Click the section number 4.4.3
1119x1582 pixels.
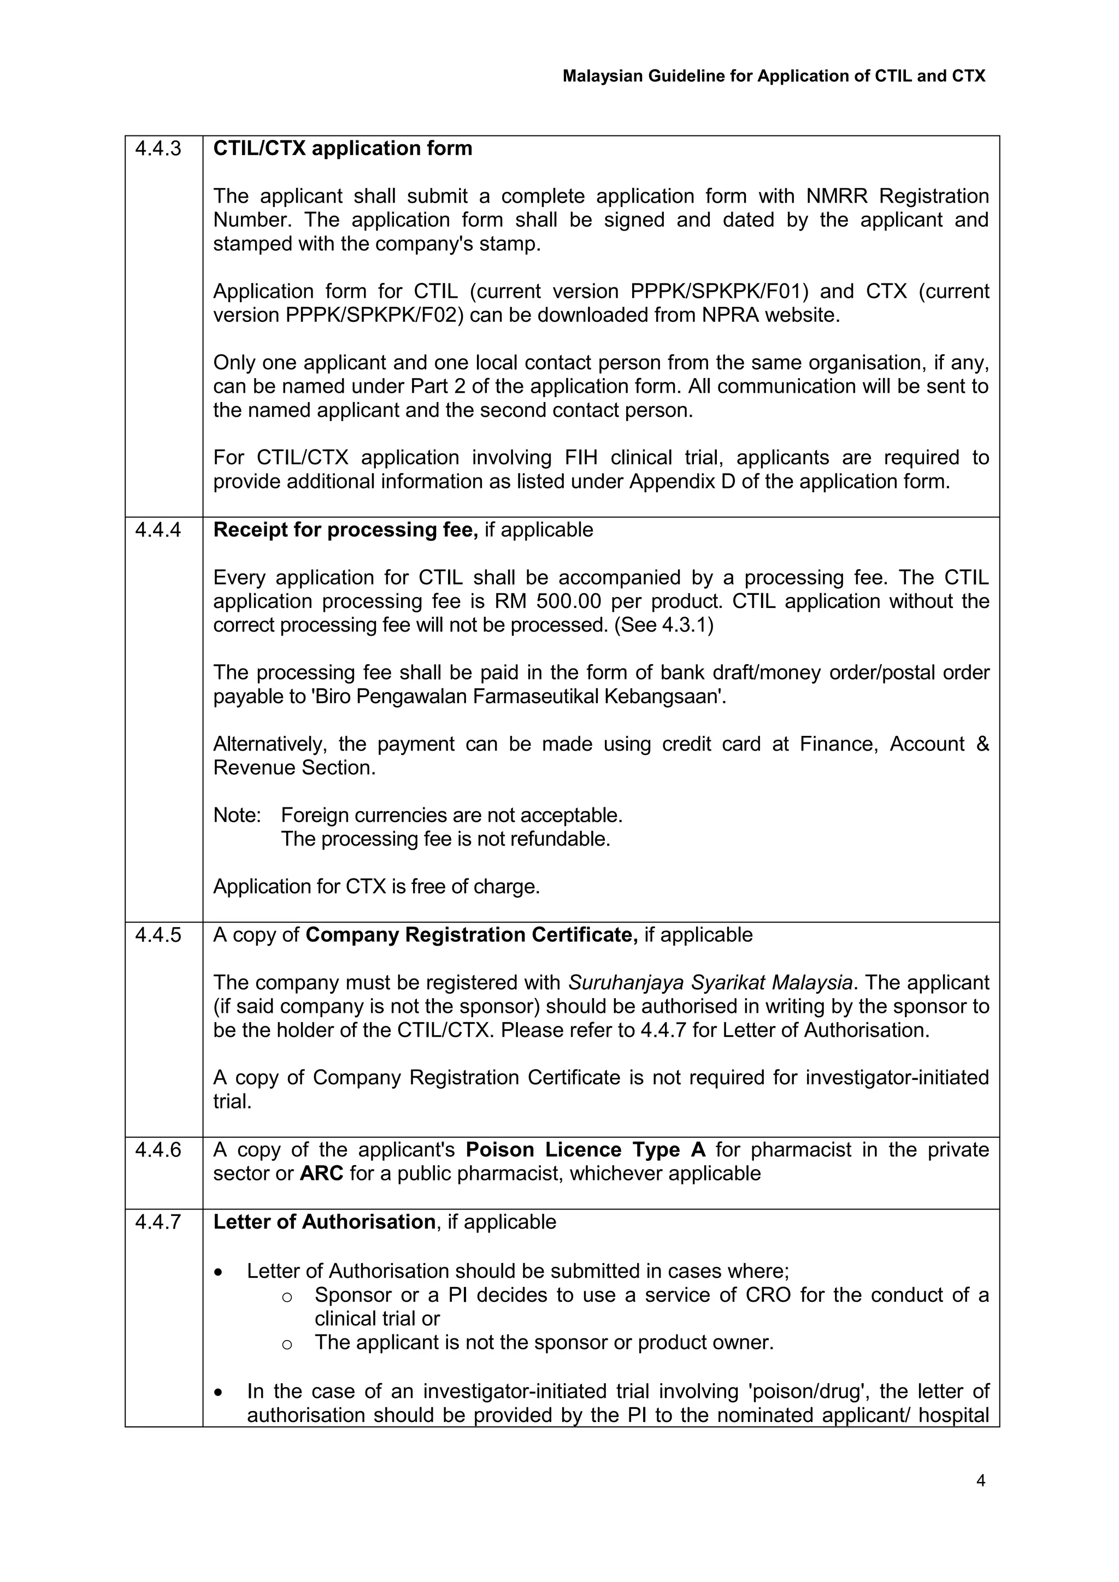pos(158,149)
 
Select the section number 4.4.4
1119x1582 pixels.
pos(158,530)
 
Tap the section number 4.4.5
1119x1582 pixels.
pos(158,935)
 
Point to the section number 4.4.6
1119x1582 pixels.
pos(158,1150)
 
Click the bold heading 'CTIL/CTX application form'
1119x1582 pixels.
pos(343,149)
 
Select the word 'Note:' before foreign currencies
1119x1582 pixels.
pos(237,816)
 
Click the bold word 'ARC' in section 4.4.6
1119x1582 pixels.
pos(321,1174)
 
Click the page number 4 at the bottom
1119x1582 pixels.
pos(981,1480)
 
